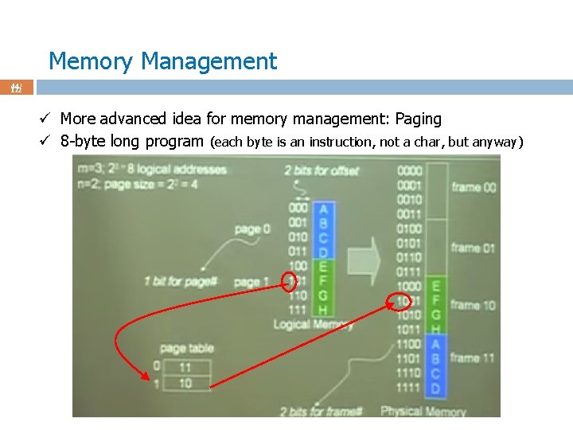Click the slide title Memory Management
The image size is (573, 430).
162,61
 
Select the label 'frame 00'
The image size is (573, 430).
473,187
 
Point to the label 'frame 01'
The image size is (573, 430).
473,248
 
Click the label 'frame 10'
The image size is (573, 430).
473,305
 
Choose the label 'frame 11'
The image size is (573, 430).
473,358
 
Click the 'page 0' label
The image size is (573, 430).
252,229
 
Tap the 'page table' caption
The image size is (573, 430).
185,348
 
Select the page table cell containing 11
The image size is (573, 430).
185,368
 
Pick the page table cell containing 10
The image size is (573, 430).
185,383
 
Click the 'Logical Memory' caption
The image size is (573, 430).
314,324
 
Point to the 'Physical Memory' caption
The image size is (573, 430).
423,411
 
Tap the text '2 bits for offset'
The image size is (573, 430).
322,170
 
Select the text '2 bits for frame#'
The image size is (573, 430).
321,411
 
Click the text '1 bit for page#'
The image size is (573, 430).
181,281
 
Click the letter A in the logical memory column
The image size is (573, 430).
322,209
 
